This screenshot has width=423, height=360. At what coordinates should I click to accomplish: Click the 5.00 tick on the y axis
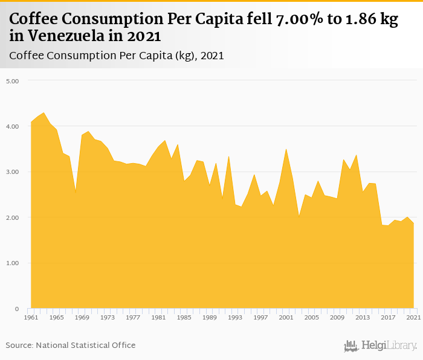click(x=13, y=80)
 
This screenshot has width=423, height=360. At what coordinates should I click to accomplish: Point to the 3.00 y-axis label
click(x=13, y=172)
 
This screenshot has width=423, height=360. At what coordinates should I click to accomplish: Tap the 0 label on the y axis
click(x=17, y=309)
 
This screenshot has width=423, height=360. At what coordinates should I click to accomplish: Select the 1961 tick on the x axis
click(x=31, y=317)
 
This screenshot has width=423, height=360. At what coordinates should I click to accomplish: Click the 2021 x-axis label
click(x=413, y=317)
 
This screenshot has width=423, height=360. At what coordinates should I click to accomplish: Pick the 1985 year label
click(x=184, y=317)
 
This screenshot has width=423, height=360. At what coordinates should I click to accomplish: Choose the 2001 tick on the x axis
click(x=286, y=317)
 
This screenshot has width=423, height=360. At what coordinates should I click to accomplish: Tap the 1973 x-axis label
click(x=108, y=317)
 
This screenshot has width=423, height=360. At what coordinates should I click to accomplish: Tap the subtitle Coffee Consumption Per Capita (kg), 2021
click(x=117, y=56)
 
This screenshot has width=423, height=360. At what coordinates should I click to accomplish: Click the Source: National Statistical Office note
click(x=71, y=345)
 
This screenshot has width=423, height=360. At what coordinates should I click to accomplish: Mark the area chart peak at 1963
click(x=44, y=112)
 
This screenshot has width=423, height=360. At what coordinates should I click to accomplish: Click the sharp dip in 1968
click(x=76, y=192)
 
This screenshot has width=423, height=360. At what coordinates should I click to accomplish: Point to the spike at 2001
click(x=286, y=149)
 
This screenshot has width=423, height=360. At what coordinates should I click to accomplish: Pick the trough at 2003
click(x=299, y=216)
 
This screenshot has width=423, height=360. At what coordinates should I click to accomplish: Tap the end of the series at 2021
click(x=413, y=223)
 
